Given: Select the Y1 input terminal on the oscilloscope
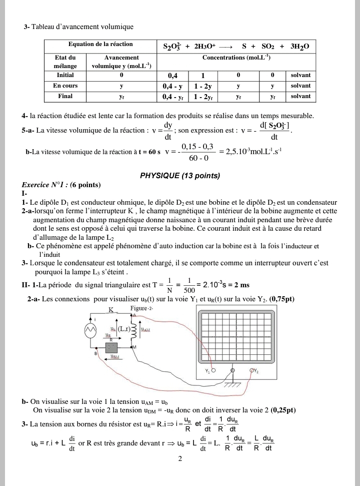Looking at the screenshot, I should (213, 371).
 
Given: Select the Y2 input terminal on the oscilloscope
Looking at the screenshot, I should (251, 371).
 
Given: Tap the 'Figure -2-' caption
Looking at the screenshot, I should (141, 308).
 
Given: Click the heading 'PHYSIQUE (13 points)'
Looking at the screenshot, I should (180, 176).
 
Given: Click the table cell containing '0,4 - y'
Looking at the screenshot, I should (172, 86).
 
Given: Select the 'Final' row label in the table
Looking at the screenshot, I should (65, 96).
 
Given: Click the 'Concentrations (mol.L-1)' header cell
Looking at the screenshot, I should (236, 58).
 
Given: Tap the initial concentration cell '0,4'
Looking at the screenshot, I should (172, 76).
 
